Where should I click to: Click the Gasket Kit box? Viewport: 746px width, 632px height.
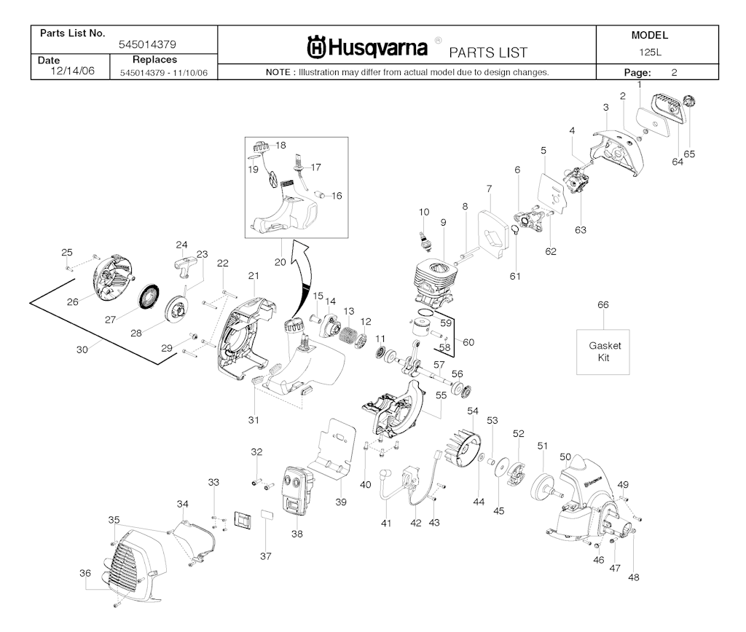coord(603,351)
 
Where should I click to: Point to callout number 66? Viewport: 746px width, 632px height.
coord(602,305)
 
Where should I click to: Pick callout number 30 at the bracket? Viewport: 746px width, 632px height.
coord(83,349)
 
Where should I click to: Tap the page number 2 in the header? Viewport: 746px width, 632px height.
coord(675,72)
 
